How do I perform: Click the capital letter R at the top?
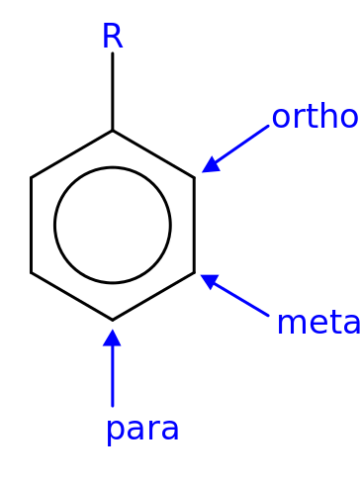[x=112, y=37]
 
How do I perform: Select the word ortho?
[x=314, y=117]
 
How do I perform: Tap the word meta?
[x=317, y=323]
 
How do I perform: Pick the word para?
[x=142, y=429]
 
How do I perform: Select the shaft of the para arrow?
[x=113, y=376]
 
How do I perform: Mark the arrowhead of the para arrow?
[x=113, y=338]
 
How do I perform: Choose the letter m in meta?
[x=288, y=324]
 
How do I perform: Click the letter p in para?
[x=115, y=431]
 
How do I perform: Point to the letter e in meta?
[x=313, y=324]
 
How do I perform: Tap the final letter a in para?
[x=169, y=430]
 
